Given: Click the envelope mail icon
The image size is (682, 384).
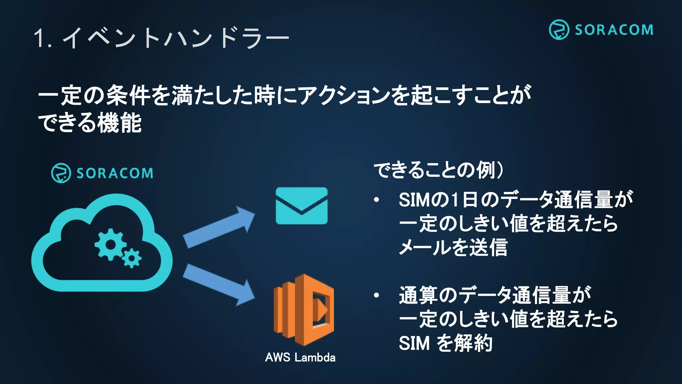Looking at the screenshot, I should [301, 206].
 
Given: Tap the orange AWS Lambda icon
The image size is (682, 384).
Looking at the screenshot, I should [304, 310].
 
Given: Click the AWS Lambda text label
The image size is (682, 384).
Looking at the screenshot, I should [300, 357].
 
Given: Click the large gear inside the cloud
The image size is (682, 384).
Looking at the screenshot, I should [110, 244].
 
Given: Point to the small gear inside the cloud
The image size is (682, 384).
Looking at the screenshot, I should [132, 258].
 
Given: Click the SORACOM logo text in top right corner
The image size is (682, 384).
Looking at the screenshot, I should [614, 30].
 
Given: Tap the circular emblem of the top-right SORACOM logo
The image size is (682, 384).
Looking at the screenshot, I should [559, 30].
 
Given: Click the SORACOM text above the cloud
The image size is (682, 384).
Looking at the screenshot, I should [115, 173].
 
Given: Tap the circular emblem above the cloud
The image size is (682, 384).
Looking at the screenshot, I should [61, 173].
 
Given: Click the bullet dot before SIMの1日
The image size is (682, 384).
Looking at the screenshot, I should [376, 200].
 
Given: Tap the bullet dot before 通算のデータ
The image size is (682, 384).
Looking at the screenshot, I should [376, 295].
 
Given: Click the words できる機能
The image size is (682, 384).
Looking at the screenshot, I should [90, 123].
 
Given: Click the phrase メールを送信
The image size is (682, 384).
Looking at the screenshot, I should [453, 247].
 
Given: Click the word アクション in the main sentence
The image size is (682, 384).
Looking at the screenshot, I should [344, 95].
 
